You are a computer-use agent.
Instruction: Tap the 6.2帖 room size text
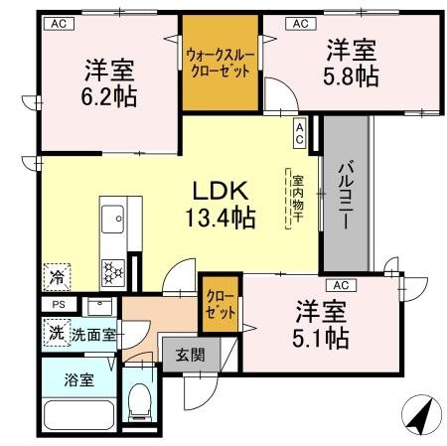109,96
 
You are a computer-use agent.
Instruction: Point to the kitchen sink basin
111,217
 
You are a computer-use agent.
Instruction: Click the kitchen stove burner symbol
111,268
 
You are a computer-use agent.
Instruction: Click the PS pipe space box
57,305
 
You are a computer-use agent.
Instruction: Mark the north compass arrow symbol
420,412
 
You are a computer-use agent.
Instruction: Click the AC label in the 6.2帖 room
58,21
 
